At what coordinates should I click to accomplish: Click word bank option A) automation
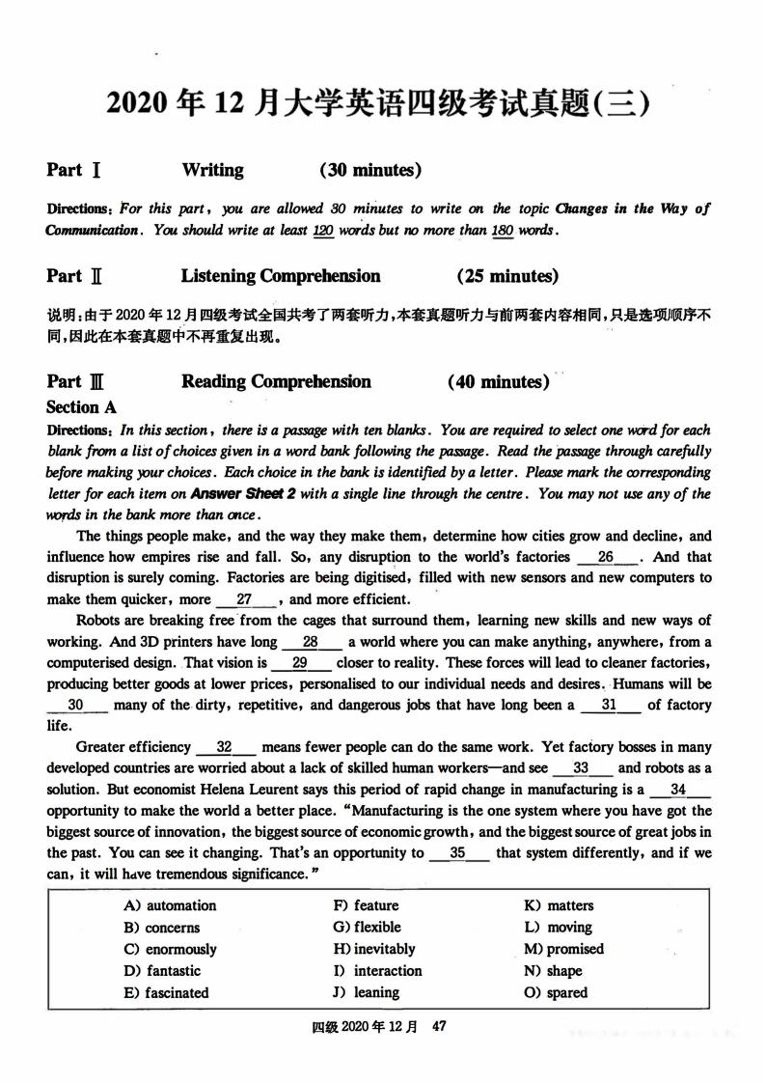point(170,905)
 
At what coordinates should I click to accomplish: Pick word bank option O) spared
point(556,992)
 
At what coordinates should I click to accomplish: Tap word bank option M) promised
point(563,949)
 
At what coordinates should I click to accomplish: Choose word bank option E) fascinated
point(166,992)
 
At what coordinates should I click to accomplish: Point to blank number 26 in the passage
point(607,557)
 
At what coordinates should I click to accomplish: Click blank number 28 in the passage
point(311,642)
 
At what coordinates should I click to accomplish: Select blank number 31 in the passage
point(608,706)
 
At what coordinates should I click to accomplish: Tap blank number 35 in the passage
point(458,853)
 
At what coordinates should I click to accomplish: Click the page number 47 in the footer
point(439,1028)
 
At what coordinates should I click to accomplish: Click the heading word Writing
point(212,171)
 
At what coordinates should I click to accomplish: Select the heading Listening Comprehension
point(281,276)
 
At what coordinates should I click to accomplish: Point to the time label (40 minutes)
point(499,382)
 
